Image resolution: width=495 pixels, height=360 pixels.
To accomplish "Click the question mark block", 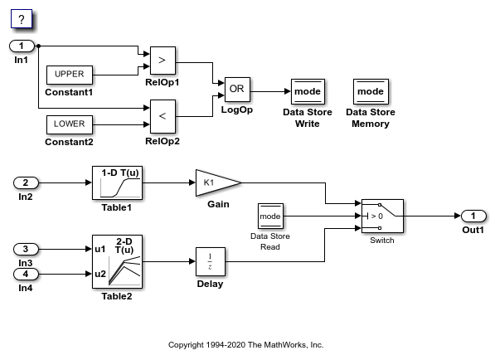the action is point(22,19).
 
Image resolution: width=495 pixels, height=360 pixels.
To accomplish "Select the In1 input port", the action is point(22,46).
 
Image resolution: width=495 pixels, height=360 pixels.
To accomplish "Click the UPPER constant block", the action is point(70,75).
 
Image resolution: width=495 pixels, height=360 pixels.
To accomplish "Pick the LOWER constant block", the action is point(70,124).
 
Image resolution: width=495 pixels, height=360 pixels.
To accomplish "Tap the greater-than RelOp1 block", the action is point(163,61).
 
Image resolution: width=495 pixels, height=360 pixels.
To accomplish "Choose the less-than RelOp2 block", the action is point(163,116).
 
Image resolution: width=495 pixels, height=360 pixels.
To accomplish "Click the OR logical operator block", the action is point(237,90).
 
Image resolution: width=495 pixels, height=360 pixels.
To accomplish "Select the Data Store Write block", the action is point(308,91).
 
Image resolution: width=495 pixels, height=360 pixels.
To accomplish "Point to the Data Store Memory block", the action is point(371,91).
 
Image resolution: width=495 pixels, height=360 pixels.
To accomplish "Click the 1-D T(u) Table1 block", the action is point(117,182).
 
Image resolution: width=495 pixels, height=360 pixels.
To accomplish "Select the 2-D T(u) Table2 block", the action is point(117,261).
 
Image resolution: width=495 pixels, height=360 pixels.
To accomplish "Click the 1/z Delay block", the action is point(211,261).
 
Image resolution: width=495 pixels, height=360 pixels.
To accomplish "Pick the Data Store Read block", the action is point(270,216).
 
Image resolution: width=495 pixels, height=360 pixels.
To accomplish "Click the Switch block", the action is point(382,216).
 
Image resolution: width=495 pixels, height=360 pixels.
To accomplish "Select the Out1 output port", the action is point(473,216).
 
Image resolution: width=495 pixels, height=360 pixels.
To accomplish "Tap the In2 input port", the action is point(26,182).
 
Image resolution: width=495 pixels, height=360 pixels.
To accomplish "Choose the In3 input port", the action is point(26,249).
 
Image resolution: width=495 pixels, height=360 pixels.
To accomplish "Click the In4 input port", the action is point(26,274).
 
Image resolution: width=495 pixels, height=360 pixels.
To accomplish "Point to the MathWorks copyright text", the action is point(246,345).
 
